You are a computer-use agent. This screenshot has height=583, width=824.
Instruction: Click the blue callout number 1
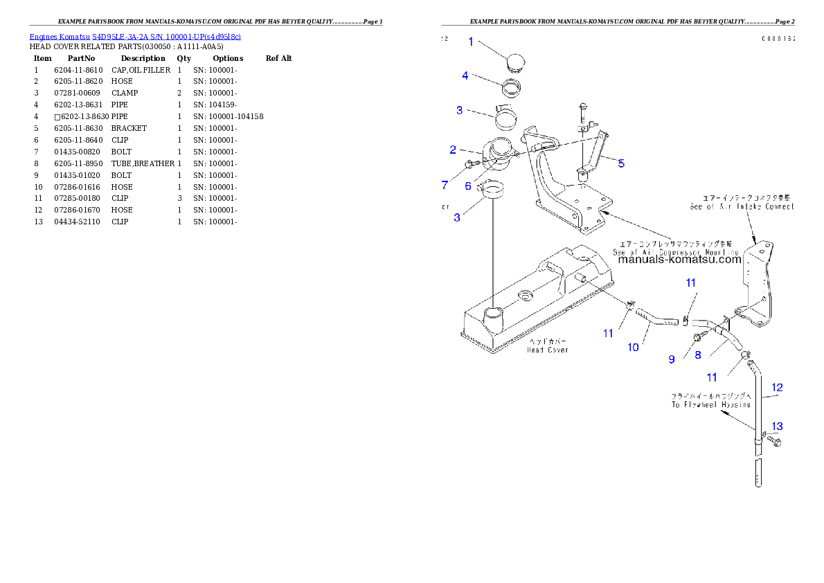click(x=471, y=42)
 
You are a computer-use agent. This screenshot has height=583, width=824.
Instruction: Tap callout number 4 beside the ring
click(x=465, y=75)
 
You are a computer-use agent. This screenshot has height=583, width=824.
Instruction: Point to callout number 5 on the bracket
click(x=621, y=163)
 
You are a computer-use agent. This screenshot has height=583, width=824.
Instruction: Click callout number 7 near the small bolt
click(x=445, y=185)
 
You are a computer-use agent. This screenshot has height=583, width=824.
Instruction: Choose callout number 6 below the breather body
click(x=468, y=186)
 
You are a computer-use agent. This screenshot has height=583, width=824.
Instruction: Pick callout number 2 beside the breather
click(x=452, y=150)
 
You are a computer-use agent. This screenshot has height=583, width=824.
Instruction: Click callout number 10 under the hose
click(x=633, y=347)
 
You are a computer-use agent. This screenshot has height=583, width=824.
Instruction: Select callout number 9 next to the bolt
click(x=671, y=359)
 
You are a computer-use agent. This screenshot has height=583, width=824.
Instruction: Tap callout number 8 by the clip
click(x=697, y=355)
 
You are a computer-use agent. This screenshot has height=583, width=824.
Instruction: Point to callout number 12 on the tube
click(x=777, y=388)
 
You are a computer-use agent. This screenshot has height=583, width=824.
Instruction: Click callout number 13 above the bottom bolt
click(x=777, y=427)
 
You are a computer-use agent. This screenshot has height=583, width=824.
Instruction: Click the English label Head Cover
click(x=548, y=350)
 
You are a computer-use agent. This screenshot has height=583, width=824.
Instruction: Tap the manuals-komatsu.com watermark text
click(x=679, y=260)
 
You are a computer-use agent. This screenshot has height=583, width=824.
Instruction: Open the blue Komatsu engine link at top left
click(x=135, y=36)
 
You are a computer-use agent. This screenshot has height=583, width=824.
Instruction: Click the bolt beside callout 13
click(x=775, y=440)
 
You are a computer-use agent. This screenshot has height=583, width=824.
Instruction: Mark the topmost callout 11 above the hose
click(x=691, y=282)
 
